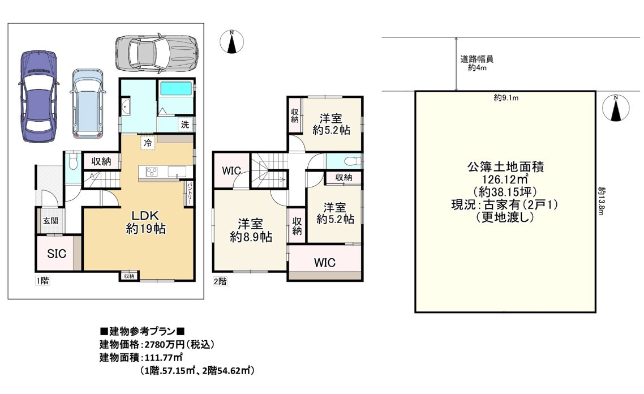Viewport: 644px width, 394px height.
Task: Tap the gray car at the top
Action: click(x=156, y=53)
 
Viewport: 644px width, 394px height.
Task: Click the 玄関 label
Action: click(x=46, y=221)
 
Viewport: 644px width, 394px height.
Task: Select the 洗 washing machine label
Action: click(x=184, y=125)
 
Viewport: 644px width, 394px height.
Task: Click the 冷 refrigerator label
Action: click(x=148, y=143)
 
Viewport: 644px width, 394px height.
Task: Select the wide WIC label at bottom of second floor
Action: click(x=324, y=263)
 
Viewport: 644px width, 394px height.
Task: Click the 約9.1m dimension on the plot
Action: click(x=506, y=98)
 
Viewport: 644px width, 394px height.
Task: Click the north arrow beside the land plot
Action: click(x=617, y=108)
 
